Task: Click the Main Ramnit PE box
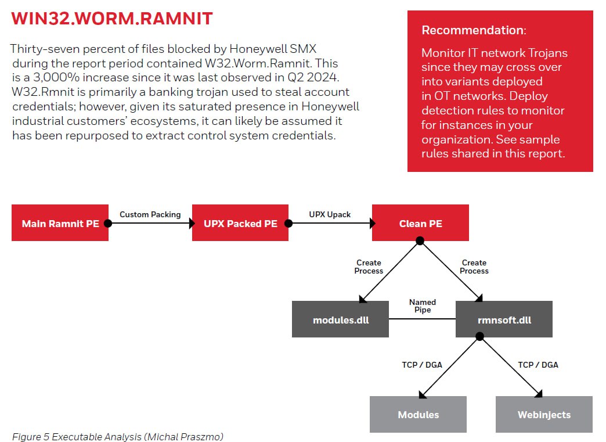(60, 222)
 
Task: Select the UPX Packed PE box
(240, 222)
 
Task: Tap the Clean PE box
(420, 222)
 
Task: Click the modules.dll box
(340, 319)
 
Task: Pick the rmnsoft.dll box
(504, 319)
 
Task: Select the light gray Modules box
(418, 414)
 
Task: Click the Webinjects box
(544, 414)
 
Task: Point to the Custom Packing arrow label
(150, 214)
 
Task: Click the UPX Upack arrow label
(330, 214)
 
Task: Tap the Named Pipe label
(422, 306)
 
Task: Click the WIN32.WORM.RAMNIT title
(112, 19)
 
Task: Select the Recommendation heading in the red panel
(474, 30)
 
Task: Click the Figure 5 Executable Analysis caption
(117, 436)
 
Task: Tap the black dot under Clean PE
(420, 240)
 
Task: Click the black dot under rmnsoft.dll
(479, 336)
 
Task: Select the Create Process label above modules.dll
(369, 267)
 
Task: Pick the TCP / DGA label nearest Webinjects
(538, 365)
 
